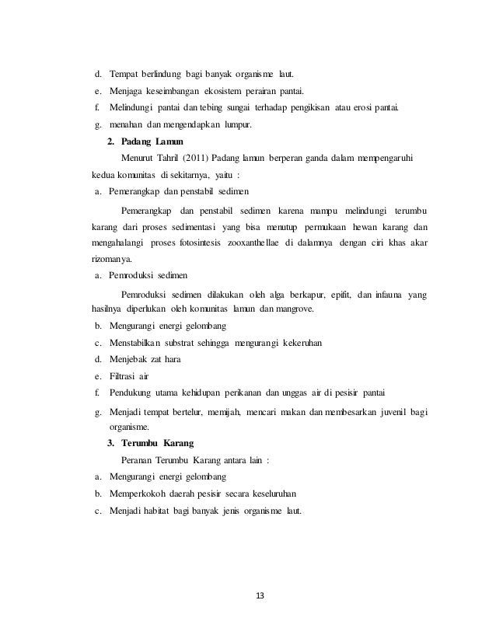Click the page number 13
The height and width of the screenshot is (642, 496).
(x=260, y=595)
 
